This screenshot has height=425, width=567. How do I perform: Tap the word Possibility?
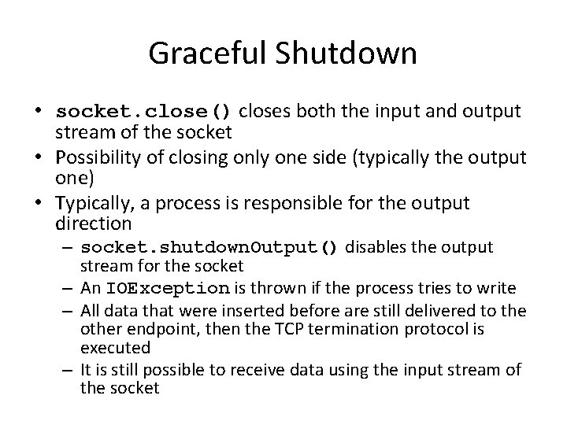click(x=102, y=157)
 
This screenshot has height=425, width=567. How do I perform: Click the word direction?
click(x=94, y=224)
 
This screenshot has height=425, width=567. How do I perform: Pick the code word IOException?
click(x=168, y=288)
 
